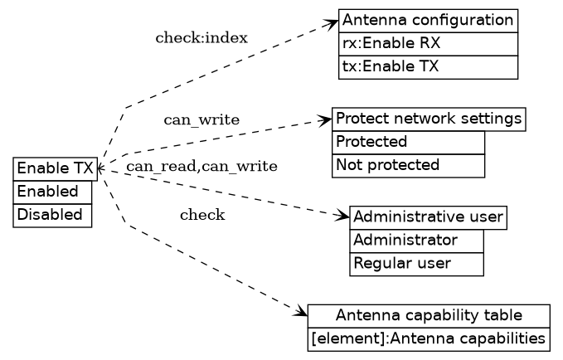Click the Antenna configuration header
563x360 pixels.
(428, 21)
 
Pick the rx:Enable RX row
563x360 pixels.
(428, 44)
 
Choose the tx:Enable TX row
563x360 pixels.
(428, 67)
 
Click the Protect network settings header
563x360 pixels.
(429, 119)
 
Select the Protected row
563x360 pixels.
(408, 142)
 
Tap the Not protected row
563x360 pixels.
(408, 165)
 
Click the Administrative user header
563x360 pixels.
(428, 217)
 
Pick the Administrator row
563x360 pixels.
(416, 241)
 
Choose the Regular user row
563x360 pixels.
(416, 264)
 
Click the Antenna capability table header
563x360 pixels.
(429, 315)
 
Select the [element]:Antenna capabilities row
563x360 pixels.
(429, 338)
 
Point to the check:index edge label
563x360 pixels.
(201, 38)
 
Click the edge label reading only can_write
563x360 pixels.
(201, 120)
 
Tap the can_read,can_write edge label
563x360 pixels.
(201, 167)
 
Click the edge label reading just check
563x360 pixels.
(202, 216)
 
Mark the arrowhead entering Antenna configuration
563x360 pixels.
(333, 23)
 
